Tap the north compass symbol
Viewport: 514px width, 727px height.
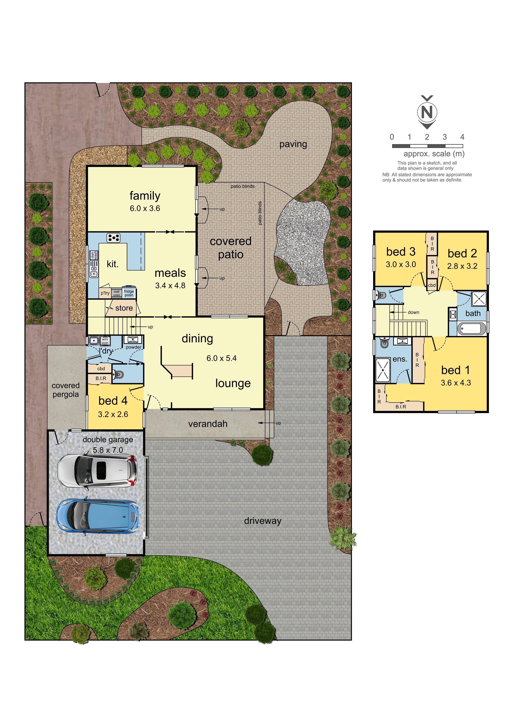click(x=427, y=112)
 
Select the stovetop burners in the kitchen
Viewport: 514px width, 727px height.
click(x=113, y=238)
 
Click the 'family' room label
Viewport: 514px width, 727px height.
click(x=145, y=196)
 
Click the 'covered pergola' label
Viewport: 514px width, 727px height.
click(x=65, y=390)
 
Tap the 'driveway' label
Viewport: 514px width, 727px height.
click(x=263, y=521)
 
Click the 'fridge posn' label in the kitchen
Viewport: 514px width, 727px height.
click(x=129, y=293)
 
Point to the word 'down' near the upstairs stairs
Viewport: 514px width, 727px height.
click(x=413, y=312)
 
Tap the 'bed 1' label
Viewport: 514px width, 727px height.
click(x=455, y=370)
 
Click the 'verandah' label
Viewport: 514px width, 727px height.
click(x=208, y=424)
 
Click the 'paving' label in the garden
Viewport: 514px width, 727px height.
click(x=293, y=144)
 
